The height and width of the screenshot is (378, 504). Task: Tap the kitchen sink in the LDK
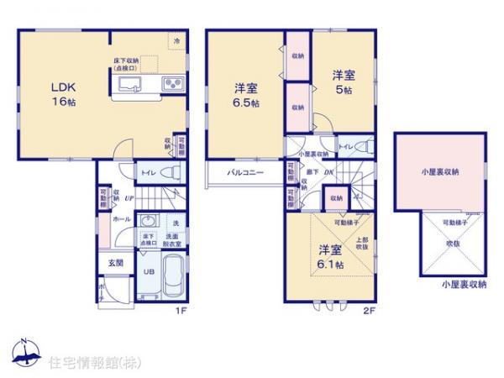[131, 83]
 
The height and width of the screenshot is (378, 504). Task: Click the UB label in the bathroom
[147, 270]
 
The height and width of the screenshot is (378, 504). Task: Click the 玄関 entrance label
[115, 262]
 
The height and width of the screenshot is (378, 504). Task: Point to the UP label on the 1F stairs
[129, 198]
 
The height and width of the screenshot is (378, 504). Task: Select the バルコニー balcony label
[244, 172]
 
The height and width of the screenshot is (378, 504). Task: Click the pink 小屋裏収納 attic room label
[439, 171]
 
